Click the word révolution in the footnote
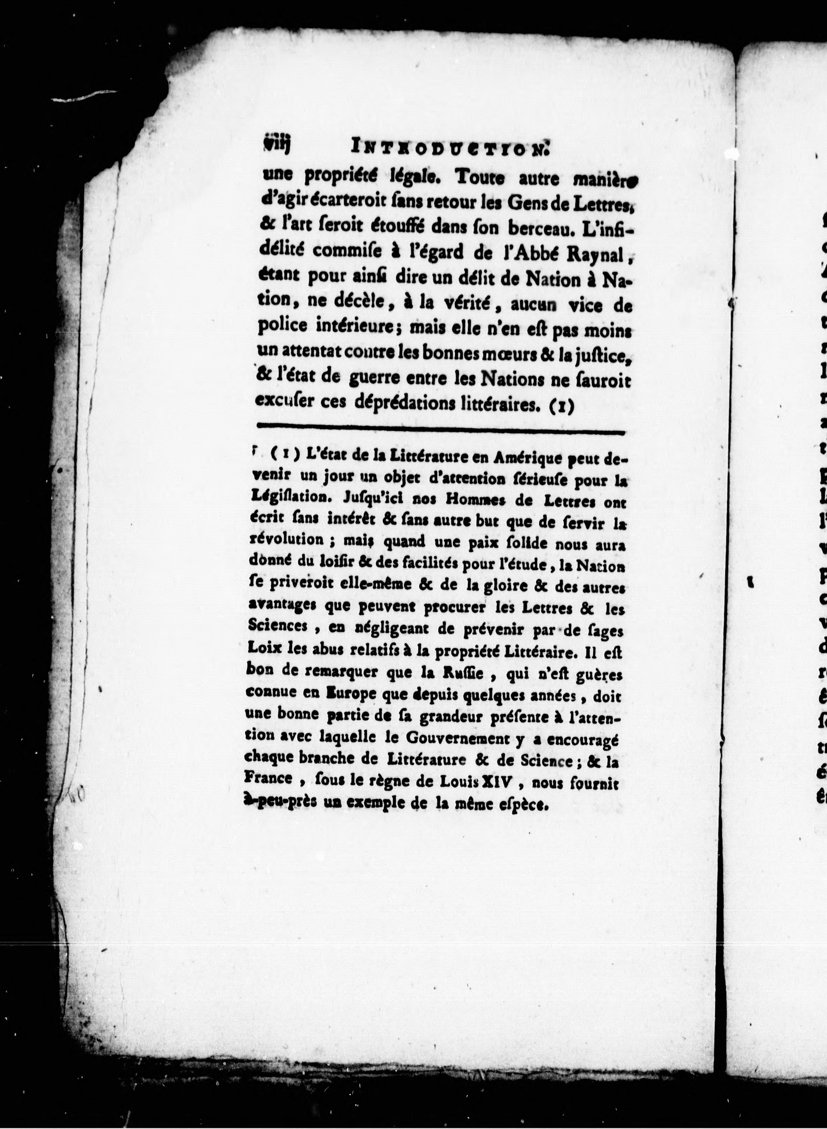[280, 540]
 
